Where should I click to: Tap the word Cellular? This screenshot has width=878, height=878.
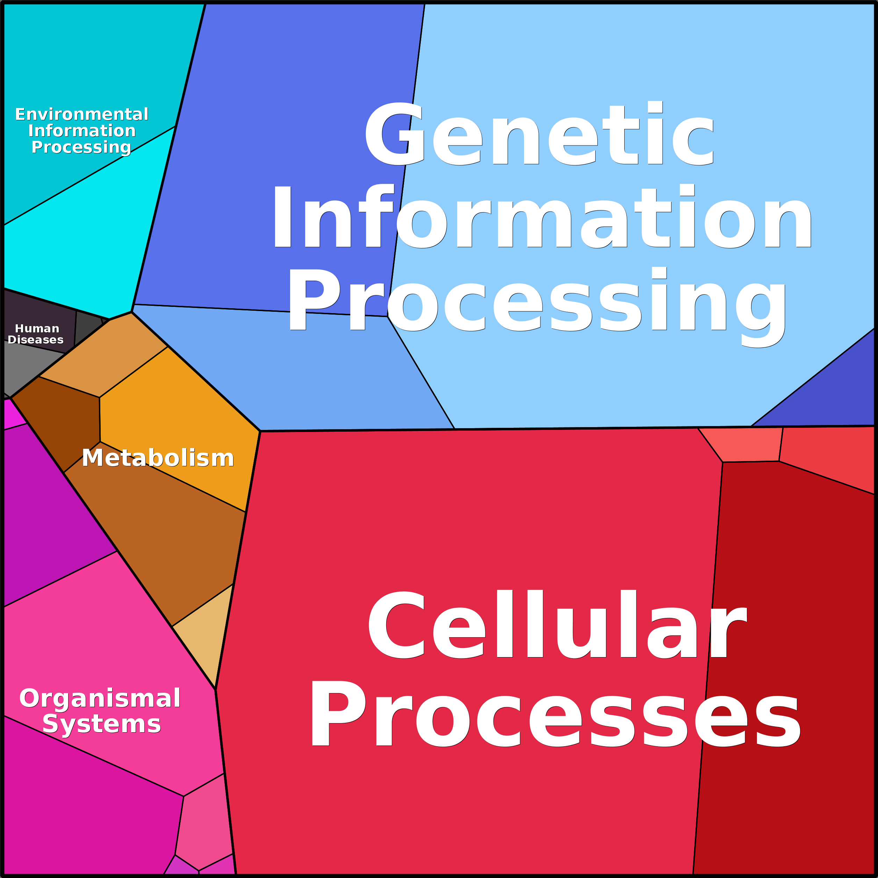[557, 625]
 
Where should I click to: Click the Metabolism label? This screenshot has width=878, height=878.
[158, 458]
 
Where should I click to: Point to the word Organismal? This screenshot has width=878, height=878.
[100, 698]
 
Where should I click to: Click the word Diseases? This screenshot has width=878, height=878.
[35, 340]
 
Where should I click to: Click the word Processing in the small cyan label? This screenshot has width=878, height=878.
[81, 147]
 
